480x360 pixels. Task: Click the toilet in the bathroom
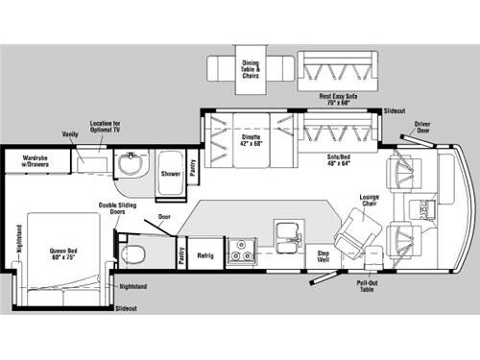[135, 255]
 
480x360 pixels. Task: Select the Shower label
[171, 174]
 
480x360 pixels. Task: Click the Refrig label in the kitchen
[206, 255]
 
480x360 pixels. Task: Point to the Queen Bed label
[62, 254]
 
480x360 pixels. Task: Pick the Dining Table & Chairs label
[250, 68]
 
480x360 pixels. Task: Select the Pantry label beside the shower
[192, 169]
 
